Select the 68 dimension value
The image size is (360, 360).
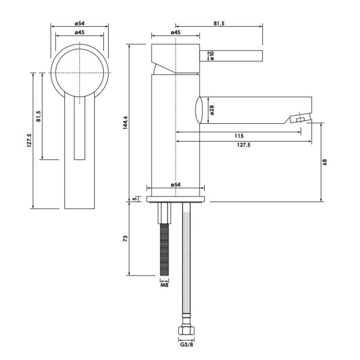(x=325, y=162)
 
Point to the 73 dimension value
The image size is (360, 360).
(x=126, y=239)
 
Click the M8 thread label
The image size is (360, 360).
(x=165, y=285)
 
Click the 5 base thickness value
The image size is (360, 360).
(x=135, y=199)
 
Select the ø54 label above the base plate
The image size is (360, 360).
(x=175, y=184)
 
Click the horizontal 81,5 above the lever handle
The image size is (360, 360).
(x=219, y=24)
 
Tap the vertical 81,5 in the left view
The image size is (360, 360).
(x=38, y=116)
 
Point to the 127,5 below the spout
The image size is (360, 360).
(x=243, y=146)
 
